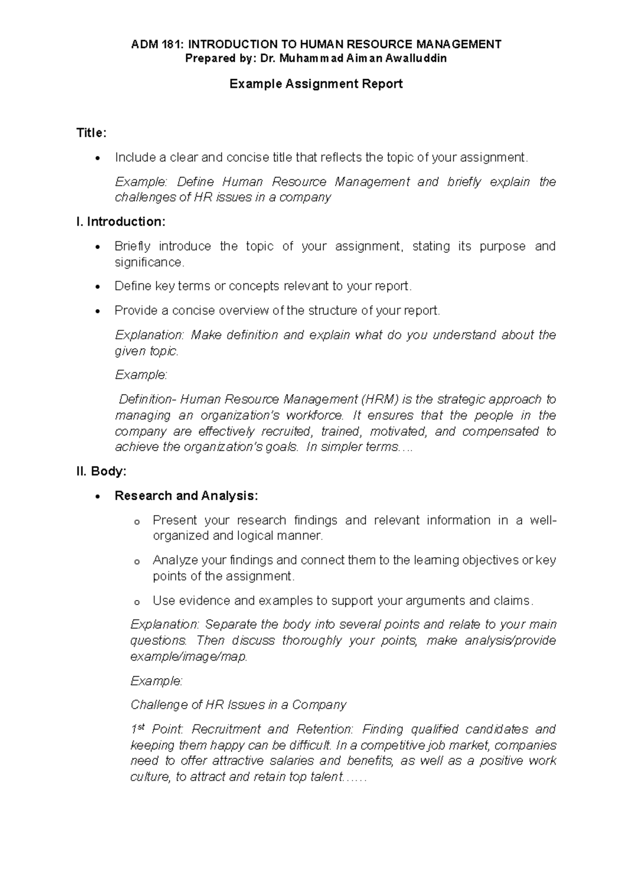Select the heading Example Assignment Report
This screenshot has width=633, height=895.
coord(316,84)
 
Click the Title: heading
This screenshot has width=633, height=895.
coord(91,133)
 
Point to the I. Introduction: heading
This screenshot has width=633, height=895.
coord(121,222)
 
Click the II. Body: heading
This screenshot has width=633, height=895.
coord(101,471)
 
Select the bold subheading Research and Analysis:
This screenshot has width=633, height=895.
coord(186,496)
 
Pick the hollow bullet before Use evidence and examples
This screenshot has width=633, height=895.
coord(137,602)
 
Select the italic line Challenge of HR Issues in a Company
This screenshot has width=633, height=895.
coord(238,705)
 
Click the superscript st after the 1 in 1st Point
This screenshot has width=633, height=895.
coord(141,727)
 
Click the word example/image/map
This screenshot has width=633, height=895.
coord(188,657)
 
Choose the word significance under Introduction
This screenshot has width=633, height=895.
coord(149,262)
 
